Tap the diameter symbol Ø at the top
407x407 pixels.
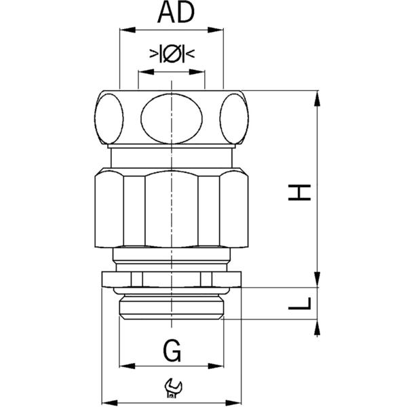(x=172, y=54)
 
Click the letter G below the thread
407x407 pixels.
(x=172, y=351)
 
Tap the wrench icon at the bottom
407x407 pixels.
(x=172, y=388)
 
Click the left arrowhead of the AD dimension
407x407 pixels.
(x=123, y=30)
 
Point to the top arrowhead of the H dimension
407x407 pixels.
(x=317, y=96)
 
